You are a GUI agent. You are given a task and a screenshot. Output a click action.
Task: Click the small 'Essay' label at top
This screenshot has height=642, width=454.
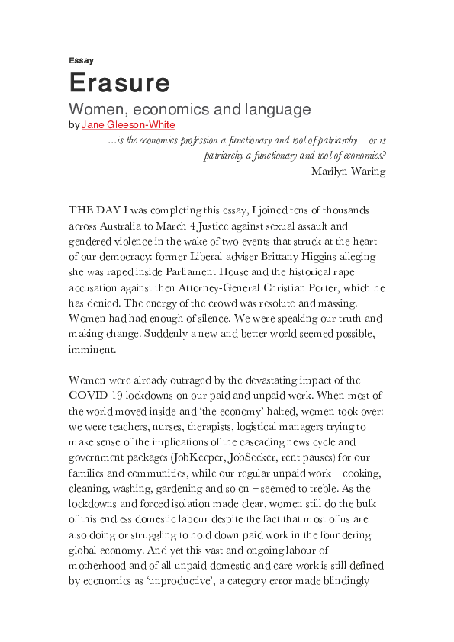pyautogui.click(x=81, y=60)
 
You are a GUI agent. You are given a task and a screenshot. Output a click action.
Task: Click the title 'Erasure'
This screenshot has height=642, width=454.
pyautogui.click(x=119, y=82)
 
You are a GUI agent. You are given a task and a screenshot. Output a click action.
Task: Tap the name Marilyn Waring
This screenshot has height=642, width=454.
pyautogui.click(x=348, y=171)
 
